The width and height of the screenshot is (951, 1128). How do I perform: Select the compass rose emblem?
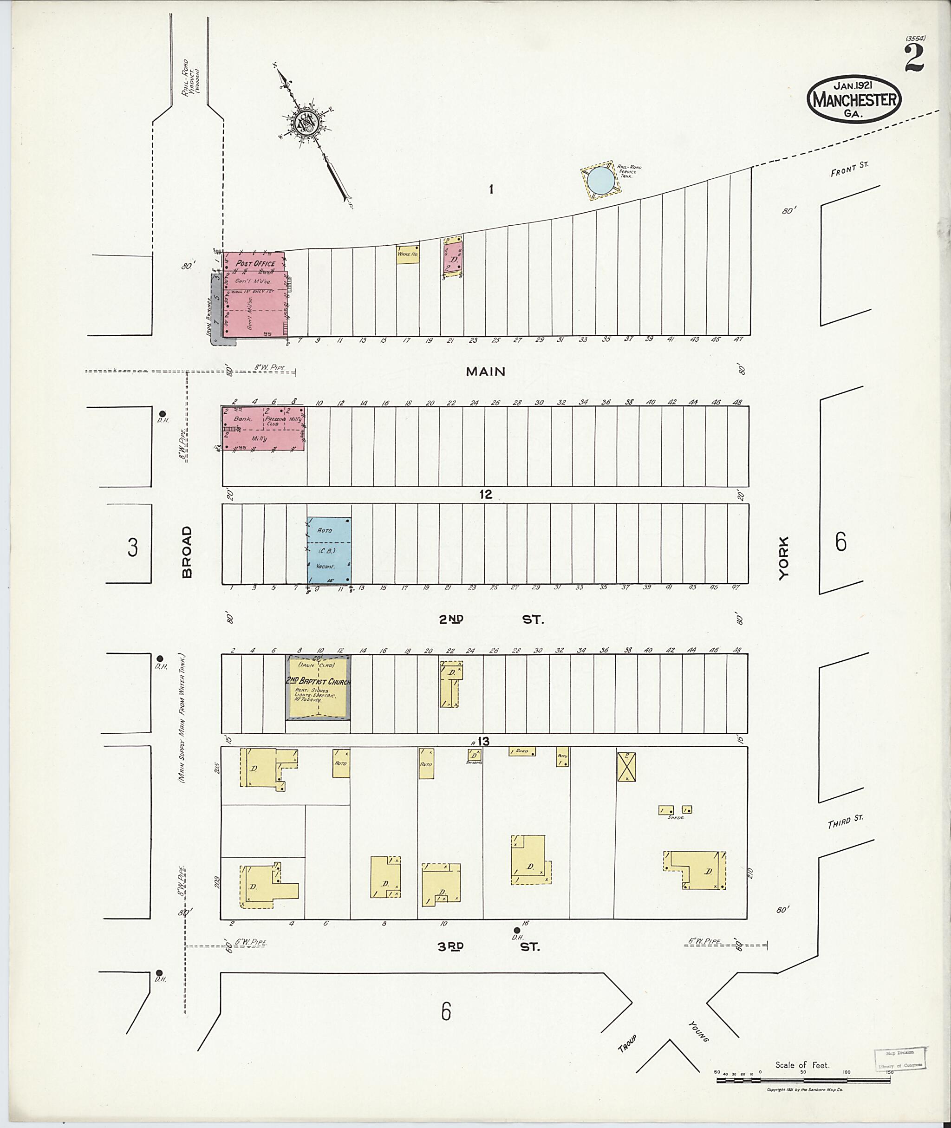point(306,124)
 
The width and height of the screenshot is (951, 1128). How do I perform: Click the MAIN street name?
point(486,372)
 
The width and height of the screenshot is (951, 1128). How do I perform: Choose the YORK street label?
point(783,558)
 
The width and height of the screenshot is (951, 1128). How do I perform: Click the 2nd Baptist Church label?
point(318,682)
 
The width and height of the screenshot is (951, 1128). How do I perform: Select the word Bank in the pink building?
point(239,418)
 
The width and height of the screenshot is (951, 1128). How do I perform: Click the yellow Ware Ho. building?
point(408,254)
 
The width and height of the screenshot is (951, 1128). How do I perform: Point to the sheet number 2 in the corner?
point(914,59)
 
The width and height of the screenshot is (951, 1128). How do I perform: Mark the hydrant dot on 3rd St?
point(516,930)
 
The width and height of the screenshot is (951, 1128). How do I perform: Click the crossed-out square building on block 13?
point(626,767)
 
